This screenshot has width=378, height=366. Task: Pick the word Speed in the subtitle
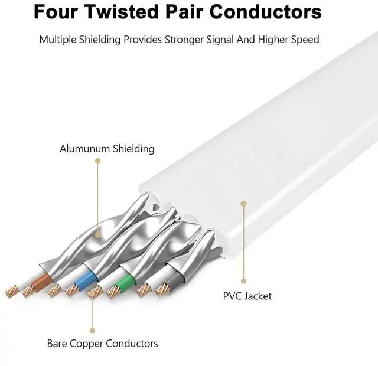coord(305,40)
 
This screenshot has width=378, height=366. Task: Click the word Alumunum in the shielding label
coord(85,149)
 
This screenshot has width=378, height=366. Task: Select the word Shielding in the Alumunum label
coord(133,149)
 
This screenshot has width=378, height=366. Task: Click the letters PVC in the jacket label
coord(232,296)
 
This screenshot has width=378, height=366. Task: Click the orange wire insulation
coord(43,282)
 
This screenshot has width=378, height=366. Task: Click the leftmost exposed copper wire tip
coord(11,291)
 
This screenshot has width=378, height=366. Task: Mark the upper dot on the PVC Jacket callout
coord(243,204)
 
